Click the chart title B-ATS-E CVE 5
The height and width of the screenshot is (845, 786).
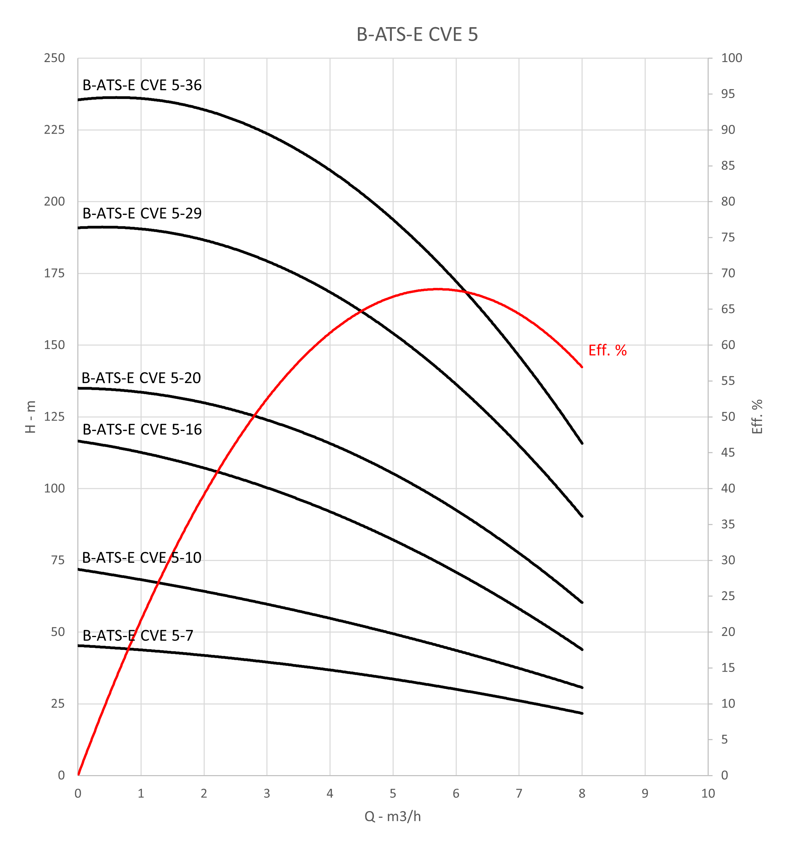pyautogui.click(x=417, y=34)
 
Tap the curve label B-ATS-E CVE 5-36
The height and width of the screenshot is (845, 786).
pyautogui.click(x=142, y=85)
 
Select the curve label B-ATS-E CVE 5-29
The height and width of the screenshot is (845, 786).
pyautogui.click(x=142, y=213)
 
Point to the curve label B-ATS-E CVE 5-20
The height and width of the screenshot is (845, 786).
pyautogui.click(x=141, y=378)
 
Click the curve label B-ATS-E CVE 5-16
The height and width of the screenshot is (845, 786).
pyautogui.click(x=142, y=430)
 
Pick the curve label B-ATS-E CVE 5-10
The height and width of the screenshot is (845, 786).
pyautogui.click(x=141, y=558)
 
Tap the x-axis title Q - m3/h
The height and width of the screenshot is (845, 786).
pyautogui.click(x=392, y=817)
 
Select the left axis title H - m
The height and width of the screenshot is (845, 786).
pyautogui.click(x=31, y=417)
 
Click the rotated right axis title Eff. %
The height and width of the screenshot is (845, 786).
pyautogui.click(x=757, y=417)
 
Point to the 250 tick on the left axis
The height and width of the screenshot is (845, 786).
pyautogui.click(x=54, y=58)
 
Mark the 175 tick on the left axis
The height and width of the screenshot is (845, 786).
pyautogui.click(x=54, y=273)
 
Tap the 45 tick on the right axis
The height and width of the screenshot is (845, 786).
pyautogui.click(x=728, y=453)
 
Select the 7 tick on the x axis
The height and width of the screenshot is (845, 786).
pyautogui.click(x=519, y=793)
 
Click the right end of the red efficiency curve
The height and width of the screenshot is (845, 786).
pyautogui.click(x=582, y=367)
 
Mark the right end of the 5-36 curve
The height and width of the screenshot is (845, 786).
pyautogui.click(x=582, y=443)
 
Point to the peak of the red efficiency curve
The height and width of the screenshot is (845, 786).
pyautogui.click(x=438, y=289)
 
